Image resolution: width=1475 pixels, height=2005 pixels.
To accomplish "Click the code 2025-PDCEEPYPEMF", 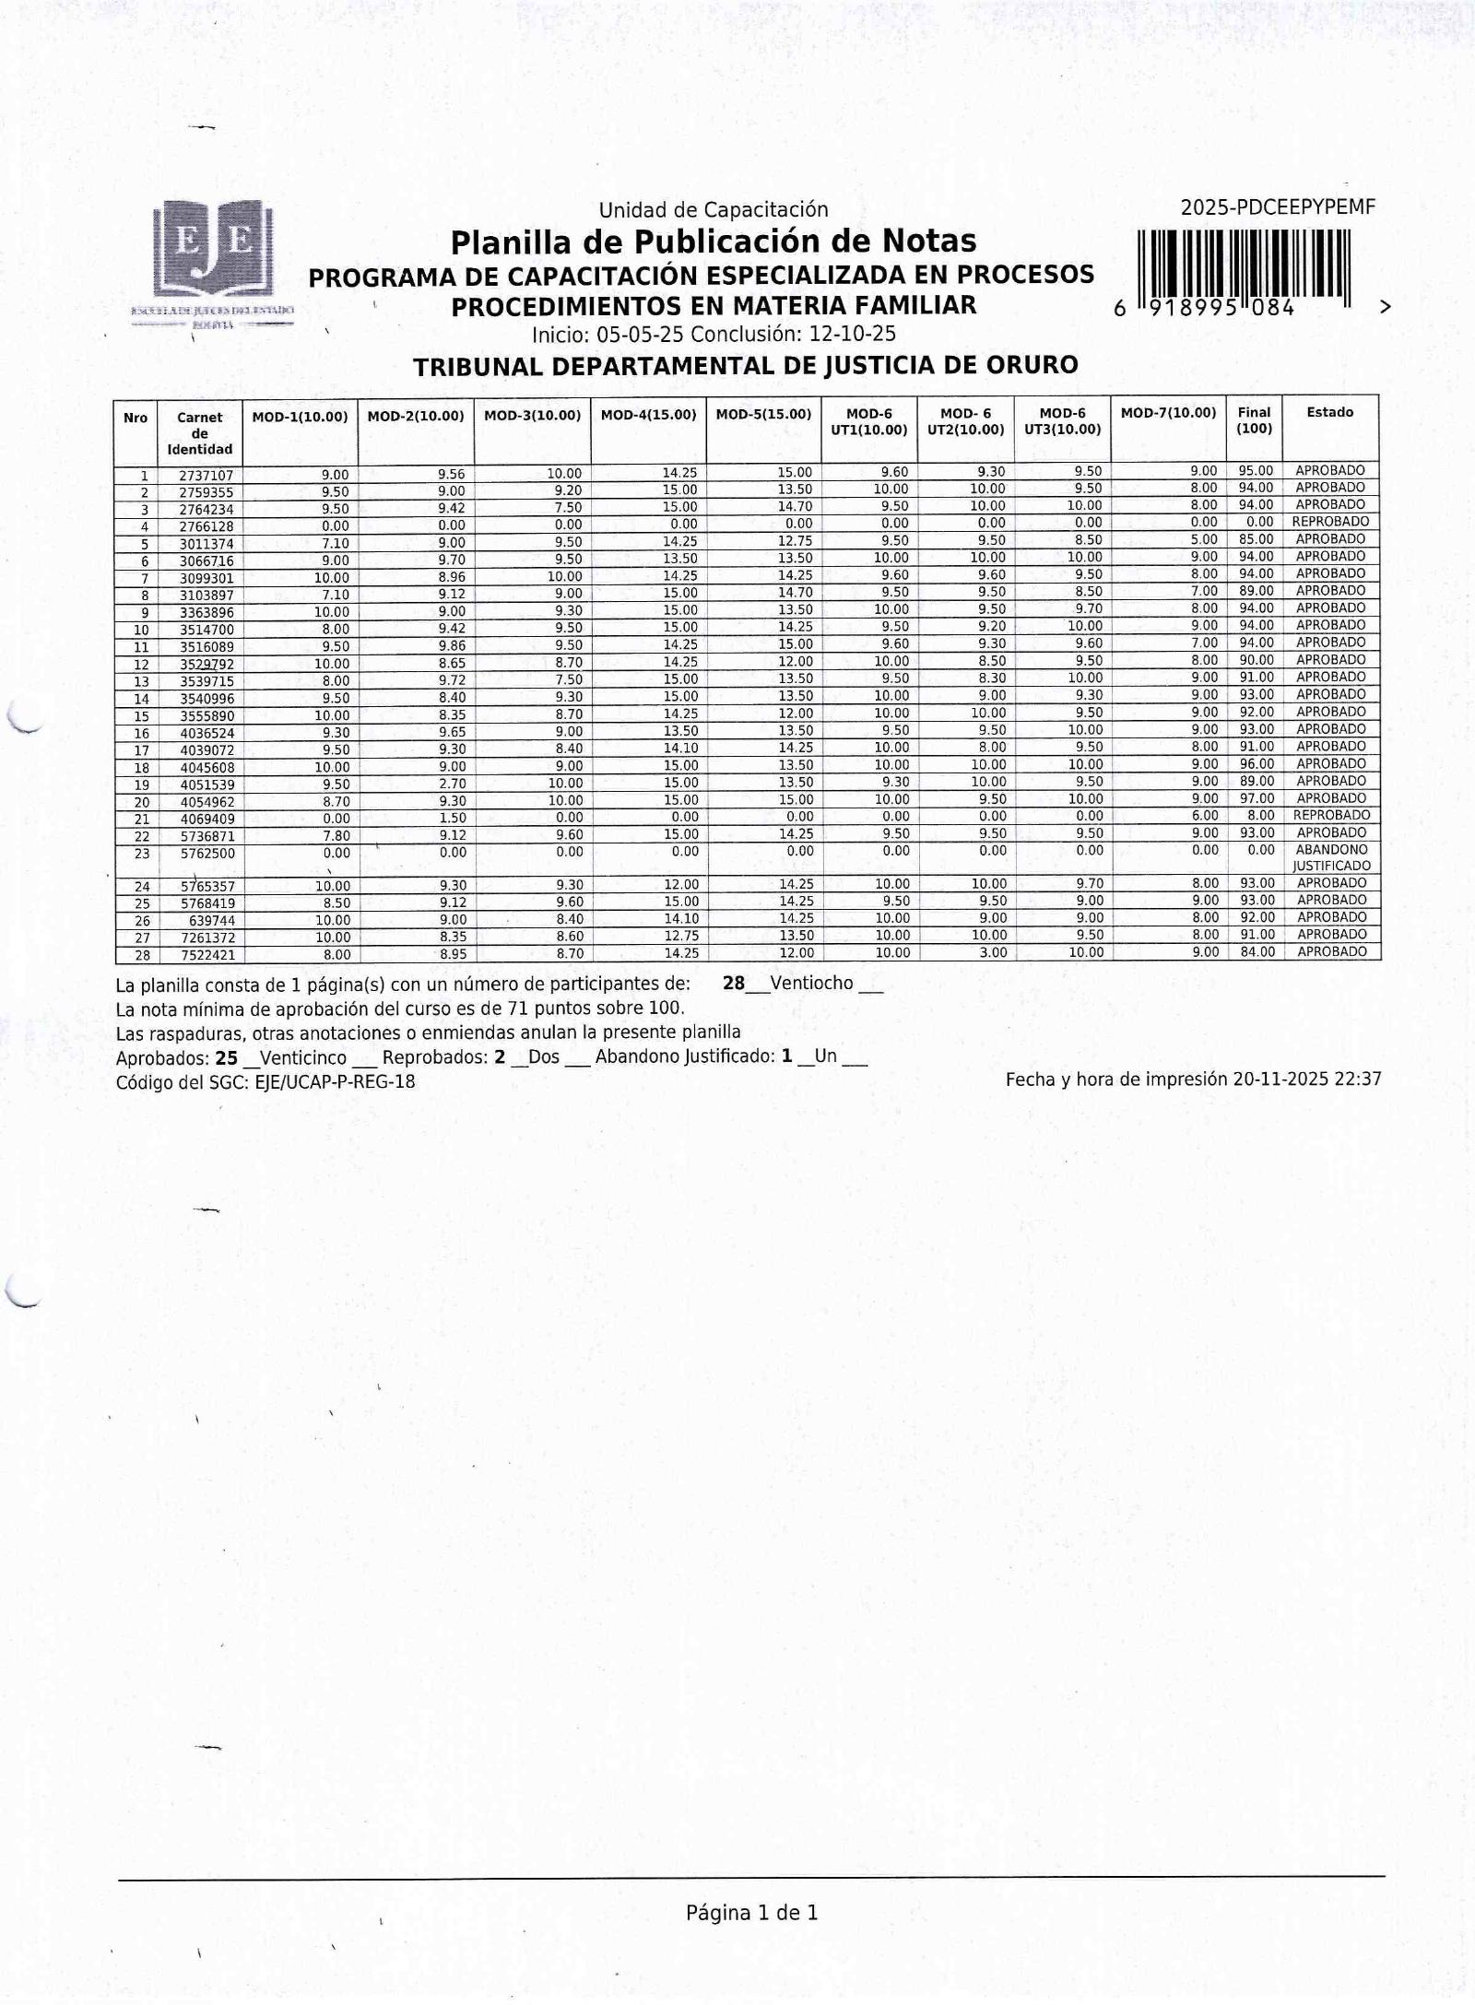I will [1278, 207].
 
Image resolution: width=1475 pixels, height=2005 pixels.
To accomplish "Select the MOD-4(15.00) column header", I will [648, 415].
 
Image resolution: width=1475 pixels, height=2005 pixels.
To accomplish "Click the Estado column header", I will [1329, 412].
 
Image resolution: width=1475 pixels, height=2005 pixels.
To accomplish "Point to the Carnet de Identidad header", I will [199, 433].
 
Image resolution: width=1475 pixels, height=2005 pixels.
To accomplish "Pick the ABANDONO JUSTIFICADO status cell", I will [1331, 857].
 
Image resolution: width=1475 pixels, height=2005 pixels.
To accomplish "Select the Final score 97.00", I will [1256, 798].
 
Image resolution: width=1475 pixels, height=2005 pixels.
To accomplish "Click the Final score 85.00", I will [1256, 539].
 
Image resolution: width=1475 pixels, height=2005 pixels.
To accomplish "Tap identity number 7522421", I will [206, 955].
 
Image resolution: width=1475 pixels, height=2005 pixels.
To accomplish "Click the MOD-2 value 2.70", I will [452, 784].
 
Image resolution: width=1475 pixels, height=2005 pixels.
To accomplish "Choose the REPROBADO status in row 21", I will [1331, 815].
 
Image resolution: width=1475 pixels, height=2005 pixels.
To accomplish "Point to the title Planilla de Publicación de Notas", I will [713, 242].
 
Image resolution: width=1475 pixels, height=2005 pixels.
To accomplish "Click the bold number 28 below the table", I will [734, 983].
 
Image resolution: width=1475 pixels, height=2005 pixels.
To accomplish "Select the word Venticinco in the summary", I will [303, 1057].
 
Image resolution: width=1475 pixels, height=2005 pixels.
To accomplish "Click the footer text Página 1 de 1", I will [751, 1912].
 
